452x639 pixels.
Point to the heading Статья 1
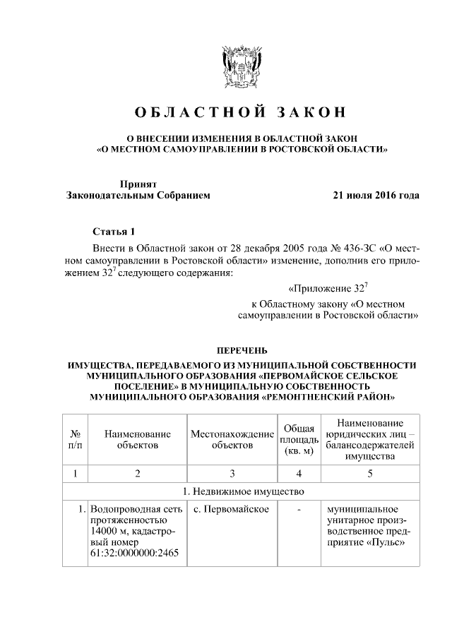click(x=113, y=232)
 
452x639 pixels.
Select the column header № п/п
click(x=75, y=440)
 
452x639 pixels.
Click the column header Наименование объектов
click(x=138, y=440)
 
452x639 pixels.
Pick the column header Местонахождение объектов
click(x=232, y=440)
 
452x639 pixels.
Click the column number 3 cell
click(x=232, y=472)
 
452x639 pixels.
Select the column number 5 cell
click(x=369, y=472)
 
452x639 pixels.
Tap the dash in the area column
click(x=299, y=510)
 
